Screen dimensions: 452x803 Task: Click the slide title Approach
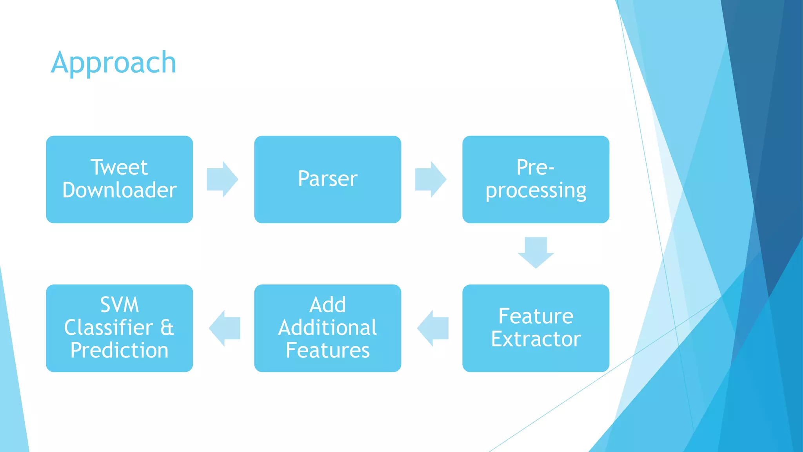(114, 63)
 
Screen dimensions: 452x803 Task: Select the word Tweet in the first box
(119, 168)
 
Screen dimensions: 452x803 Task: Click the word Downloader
(119, 190)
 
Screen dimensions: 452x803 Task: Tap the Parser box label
(327, 179)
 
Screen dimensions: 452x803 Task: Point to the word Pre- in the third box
(535, 168)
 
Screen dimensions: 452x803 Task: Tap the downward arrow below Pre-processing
(536, 252)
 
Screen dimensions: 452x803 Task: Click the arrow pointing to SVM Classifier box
(225, 328)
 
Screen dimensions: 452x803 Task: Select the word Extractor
(536, 339)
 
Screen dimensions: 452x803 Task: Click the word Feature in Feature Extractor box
(536, 316)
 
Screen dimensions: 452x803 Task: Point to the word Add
(327, 305)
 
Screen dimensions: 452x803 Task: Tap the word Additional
(327, 328)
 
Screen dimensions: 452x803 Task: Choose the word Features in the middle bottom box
(327, 350)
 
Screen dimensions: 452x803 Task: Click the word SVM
(119, 305)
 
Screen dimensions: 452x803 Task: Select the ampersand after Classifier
(167, 328)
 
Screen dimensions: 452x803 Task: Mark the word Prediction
(119, 350)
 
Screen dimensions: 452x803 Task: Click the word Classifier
(109, 328)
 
